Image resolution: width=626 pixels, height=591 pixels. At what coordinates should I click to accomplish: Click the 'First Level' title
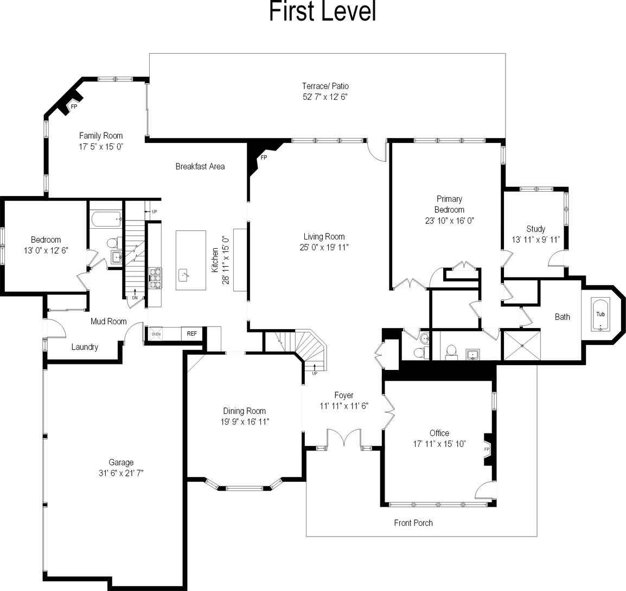[322, 12]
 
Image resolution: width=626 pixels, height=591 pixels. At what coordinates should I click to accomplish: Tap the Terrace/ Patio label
[325, 86]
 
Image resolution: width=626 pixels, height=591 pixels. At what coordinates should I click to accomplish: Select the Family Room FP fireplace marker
[73, 106]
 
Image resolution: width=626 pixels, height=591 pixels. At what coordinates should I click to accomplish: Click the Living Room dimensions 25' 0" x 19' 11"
[324, 247]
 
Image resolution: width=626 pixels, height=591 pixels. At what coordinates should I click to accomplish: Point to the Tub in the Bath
[601, 315]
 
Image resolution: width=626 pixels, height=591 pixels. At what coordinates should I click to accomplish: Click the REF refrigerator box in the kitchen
[191, 334]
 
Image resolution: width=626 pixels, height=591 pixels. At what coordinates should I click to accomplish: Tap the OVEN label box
[156, 334]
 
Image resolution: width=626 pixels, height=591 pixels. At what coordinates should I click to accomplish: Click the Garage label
[120, 462]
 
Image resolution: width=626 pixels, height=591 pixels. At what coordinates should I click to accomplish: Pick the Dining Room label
[244, 411]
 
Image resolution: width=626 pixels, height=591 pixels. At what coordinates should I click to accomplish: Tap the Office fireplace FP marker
[487, 450]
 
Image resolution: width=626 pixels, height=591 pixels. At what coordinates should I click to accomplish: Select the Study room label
[535, 229]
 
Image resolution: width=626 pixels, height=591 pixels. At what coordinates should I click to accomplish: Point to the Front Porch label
[413, 523]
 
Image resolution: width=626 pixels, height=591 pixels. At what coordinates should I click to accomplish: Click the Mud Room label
[108, 321]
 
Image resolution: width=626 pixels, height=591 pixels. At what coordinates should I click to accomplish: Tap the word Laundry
[85, 347]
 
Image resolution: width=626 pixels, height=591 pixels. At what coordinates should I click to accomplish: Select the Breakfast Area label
[200, 166]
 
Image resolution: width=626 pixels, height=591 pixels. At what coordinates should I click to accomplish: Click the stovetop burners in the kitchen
[156, 277]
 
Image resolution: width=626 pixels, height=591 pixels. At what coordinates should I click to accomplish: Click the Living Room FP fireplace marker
[264, 158]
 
